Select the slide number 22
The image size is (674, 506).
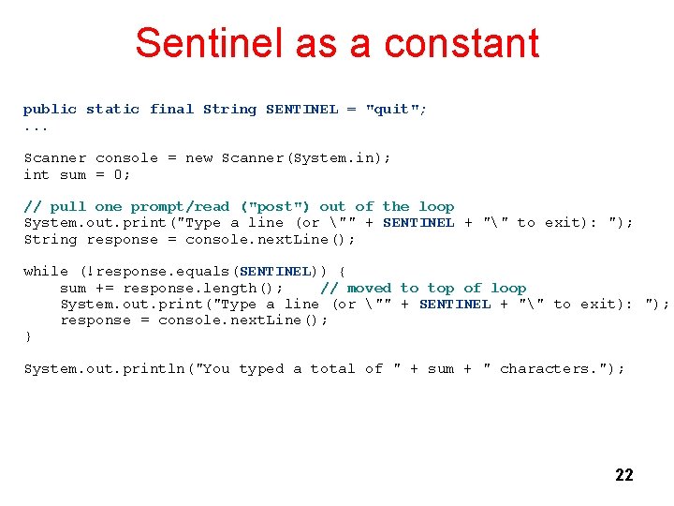click(x=623, y=475)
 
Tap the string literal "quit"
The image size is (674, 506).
click(x=391, y=110)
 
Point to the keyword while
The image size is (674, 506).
click(x=45, y=272)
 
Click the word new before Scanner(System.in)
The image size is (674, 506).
click(x=198, y=158)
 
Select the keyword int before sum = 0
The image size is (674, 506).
click(x=36, y=174)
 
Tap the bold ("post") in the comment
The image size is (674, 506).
click(x=275, y=207)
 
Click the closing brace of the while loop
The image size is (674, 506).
click(x=28, y=336)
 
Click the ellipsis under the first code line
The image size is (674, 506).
click(x=36, y=126)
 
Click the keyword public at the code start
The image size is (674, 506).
click(x=50, y=110)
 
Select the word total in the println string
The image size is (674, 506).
click(x=332, y=369)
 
